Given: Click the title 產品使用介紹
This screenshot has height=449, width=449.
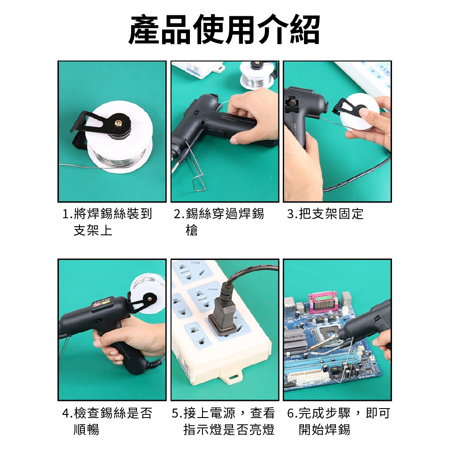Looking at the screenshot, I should [x=224, y=30].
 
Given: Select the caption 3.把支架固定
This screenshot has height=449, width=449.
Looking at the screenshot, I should [x=325, y=214].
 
